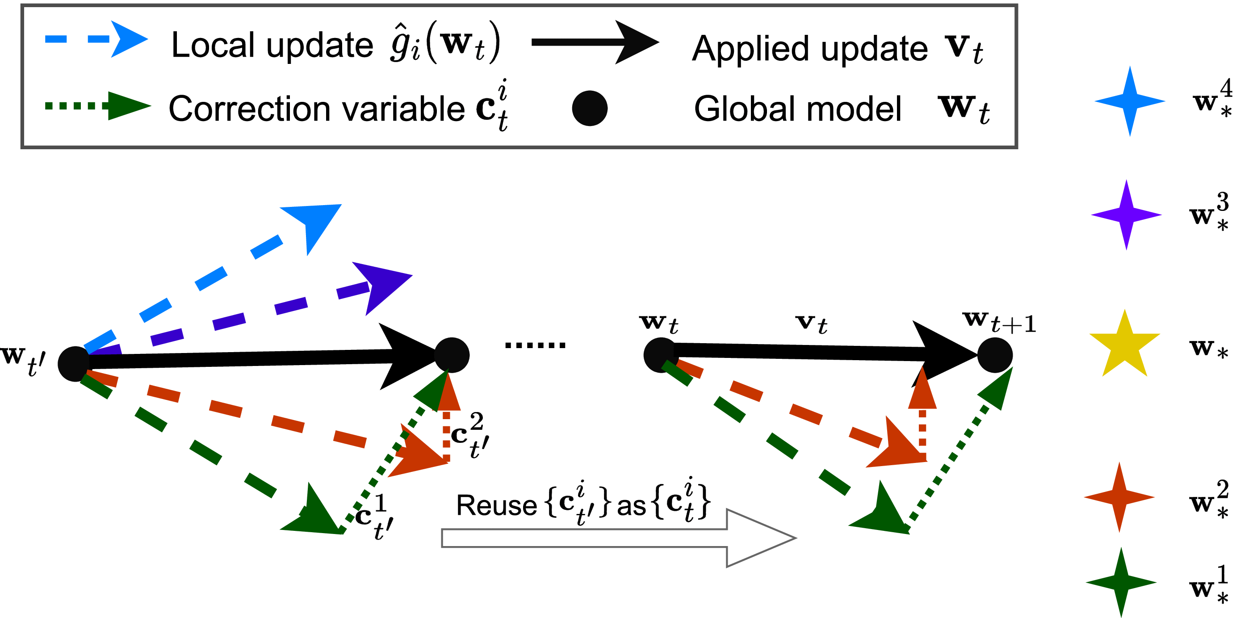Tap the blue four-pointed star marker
coord(1130,101)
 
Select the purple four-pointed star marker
coord(1126,215)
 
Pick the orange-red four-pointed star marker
coord(1119,497)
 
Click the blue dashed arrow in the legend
coord(96,39)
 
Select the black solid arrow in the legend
coord(595,42)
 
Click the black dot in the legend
coord(590,109)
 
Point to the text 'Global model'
coord(797,109)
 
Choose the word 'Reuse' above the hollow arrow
coord(496,506)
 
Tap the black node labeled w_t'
coord(74,364)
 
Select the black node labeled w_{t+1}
coord(995,355)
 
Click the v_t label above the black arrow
coord(811,324)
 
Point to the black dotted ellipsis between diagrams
coord(536,345)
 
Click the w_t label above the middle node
coord(658,324)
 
